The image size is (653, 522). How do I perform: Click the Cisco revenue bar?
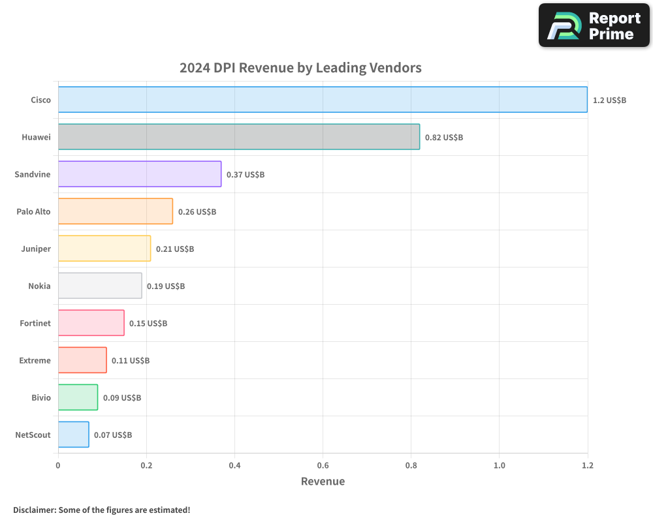pyautogui.click(x=323, y=100)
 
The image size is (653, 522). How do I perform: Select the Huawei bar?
pyautogui.click(x=238, y=137)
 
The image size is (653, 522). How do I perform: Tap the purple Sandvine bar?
pyautogui.click(x=139, y=174)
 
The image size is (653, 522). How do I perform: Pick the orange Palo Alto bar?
pyautogui.click(x=115, y=211)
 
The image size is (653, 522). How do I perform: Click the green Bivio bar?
pyautogui.click(x=78, y=397)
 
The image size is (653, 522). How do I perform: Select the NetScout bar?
pyautogui.click(x=73, y=435)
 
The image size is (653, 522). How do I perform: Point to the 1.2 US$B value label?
pyautogui.click(x=609, y=100)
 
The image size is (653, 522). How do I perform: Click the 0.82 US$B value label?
pyautogui.click(x=444, y=138)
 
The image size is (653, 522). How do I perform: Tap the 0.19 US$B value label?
pyautogui.click(x=166, y=286)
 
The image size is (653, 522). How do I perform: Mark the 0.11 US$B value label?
pyautogui.click(x=131, y=361)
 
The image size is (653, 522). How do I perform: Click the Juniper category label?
pyautogui.click(x=36, y=249)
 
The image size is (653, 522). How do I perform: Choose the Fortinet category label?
pyautogui.click(x=35, y=323)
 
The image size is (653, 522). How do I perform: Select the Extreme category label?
pyautogui.click(x=35, y=360)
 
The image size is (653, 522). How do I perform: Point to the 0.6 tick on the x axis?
pyautogui.click(x=323, y=465)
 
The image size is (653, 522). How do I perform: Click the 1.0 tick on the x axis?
pyautogui.click(x=499, y=465)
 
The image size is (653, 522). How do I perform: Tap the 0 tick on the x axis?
pyautogui.click(x=58, y=465)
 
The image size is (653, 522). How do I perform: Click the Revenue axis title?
pyautogui.click(x=323, y=482)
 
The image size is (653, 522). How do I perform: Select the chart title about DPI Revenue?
pyautogui.click(x=300, y=67)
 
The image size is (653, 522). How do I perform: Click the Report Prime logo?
pyautogui.click(x=594, y=25)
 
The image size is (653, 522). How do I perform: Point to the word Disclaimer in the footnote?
pyautogui.click(x=34, y=510)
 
